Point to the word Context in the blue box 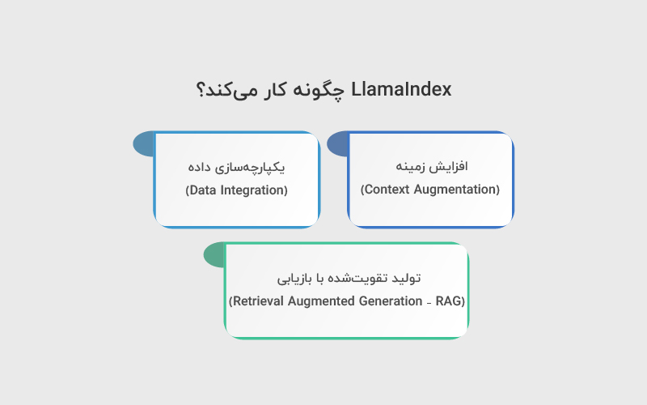tap(387, 190)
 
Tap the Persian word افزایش tap(450, 166)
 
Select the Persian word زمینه tap(412, 166)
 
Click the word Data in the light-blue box tap(202, 191)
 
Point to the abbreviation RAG tap(450, 301)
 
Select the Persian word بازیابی tap(297, 278)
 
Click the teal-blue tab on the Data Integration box tap(143, 144)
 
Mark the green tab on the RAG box tap(214, 255)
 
